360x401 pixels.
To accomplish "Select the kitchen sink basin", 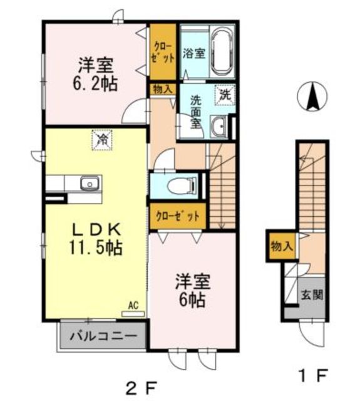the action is [x=90, y=183].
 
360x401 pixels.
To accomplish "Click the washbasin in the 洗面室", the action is [x=219, y=126].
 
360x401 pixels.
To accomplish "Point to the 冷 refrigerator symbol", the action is [x=102, y=140].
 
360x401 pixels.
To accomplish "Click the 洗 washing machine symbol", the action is [x=225, y=95].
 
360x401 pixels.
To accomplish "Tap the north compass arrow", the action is [x=312, y=96].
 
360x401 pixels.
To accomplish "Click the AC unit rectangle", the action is [x=133, y=314].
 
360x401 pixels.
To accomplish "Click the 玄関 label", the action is [x=312, y=295].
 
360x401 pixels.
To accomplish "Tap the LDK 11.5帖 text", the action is [x=96, y=239].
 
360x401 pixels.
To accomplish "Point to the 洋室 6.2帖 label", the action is [x=95, y=75].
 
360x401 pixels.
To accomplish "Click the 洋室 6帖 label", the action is [x=192, y=291].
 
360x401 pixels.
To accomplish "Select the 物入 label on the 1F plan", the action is [x=282, y=246].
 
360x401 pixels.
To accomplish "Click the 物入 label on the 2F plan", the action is [x=163, y=90].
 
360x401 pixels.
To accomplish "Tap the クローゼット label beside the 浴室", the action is [x=163, y=53].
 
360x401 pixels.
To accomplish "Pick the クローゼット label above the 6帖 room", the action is [x=177, y=216].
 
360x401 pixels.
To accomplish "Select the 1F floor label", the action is [x=313, y=375].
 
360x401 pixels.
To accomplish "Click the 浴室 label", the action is [x=194, y=54].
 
